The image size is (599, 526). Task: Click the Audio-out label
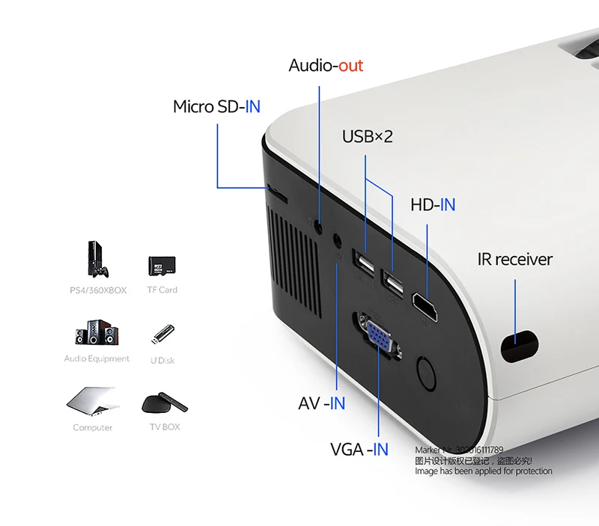326,66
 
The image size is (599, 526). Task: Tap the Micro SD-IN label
216,106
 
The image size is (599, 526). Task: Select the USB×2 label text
367,136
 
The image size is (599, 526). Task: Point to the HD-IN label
432,204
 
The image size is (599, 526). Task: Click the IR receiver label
514,260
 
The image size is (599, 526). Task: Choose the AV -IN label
321,403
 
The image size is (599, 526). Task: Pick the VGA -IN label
359,449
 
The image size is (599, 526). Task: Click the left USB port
365,265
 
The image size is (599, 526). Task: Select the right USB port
391,282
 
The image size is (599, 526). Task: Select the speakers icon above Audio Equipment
97,334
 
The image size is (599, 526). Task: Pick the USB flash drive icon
162,335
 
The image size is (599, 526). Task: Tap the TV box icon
164,403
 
